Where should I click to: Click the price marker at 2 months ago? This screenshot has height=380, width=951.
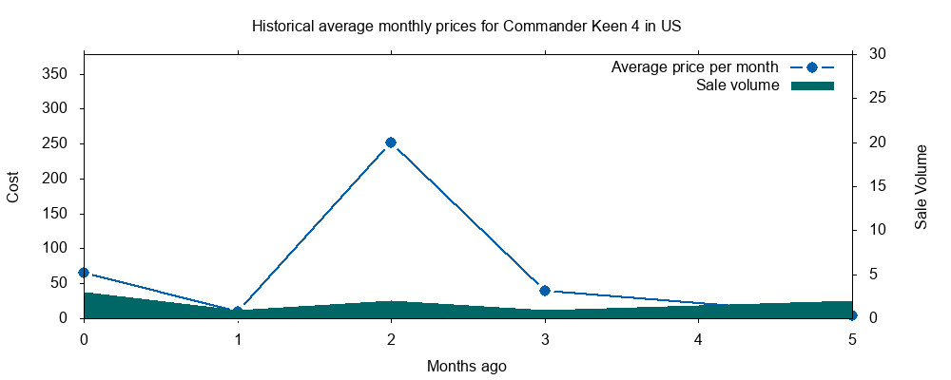click(x=391, y=142)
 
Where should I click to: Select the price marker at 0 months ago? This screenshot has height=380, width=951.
click(x=84, y=273)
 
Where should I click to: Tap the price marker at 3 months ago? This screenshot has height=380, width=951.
click(x=545, y=291)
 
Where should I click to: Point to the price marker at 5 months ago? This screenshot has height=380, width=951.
click(x=852, y=315)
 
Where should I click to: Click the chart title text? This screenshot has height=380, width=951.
click(x=466, y=26)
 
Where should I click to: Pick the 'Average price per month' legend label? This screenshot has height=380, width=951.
click(x=695, y=67)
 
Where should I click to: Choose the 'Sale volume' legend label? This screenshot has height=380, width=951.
click(x=738, y=85)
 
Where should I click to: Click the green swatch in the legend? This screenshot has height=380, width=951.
click(x=812, y=85)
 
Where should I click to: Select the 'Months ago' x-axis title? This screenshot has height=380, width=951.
click(x=466, y=366)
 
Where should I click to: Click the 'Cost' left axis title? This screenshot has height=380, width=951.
click(x=13, y=186)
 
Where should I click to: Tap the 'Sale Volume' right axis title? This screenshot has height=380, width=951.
click(x=921, y=186)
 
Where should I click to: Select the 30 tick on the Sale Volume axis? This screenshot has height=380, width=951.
click(x=878, y=54)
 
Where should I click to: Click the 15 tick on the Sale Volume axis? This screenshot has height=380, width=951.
click(x=878, y=186)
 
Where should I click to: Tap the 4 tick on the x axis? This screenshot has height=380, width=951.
click(x=699, y=339)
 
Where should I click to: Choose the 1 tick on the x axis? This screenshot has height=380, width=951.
click(x=238, y=339)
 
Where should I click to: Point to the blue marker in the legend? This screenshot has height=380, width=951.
click(x=812, y=67)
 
